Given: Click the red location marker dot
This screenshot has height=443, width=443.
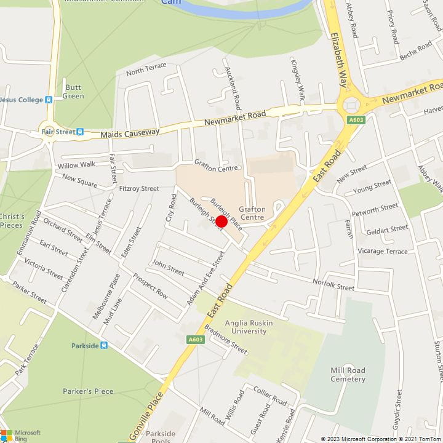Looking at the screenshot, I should point(221,221).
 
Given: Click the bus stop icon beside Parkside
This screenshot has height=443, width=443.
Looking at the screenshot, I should point(104,345).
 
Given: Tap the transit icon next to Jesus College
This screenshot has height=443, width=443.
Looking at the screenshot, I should point(49,100).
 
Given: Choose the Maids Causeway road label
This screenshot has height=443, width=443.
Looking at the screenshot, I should point(130,132).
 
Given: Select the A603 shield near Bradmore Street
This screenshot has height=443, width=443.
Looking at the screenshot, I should point(195,339).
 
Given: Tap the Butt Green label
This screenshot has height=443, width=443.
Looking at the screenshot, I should point(74,92).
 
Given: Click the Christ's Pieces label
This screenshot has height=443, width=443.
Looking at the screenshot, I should point(12,220).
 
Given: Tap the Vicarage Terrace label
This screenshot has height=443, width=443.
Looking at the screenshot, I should point(383,252).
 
